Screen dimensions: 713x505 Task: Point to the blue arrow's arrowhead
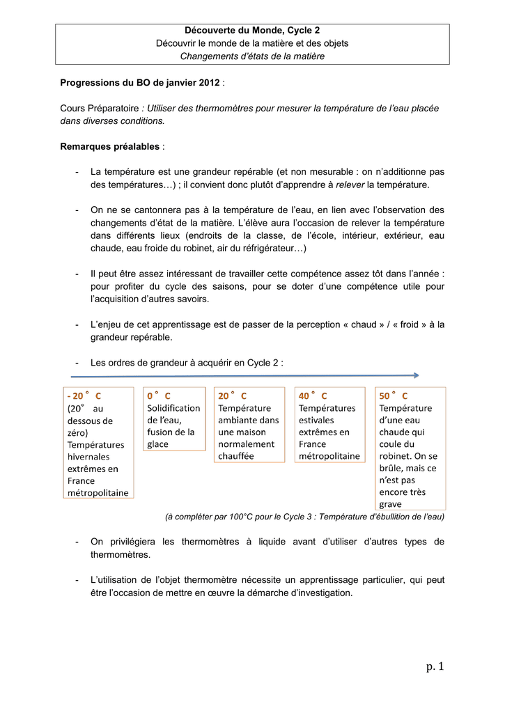coord(416,375)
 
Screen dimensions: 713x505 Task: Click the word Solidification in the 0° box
coord(173,408)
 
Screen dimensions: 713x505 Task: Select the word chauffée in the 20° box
coord(236,456)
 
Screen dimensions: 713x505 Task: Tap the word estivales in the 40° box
coord(316,420)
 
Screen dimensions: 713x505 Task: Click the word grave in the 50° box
coord(391,504)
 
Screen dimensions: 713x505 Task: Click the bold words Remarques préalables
coord(110,147)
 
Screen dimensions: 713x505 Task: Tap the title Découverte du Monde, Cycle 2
coord(252,31)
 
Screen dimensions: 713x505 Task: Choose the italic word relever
coord(350,185)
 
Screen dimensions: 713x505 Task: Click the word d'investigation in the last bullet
coord(308,593)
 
